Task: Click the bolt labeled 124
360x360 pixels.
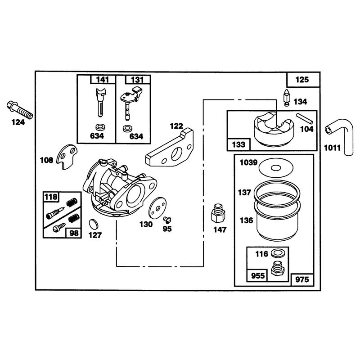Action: tap(20, 110)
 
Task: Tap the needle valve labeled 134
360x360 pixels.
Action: tap(287, 98)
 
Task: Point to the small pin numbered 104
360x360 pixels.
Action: tap(305, 118)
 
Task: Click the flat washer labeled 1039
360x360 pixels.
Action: tap(276, 168)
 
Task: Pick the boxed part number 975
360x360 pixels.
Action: tap(302, 279)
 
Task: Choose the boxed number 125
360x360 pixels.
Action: tap(302, 80)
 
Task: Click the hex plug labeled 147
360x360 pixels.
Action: tap(218, 213)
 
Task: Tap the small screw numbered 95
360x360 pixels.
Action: tap(167, 220)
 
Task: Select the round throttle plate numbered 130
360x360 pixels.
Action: tap(157, 208)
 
